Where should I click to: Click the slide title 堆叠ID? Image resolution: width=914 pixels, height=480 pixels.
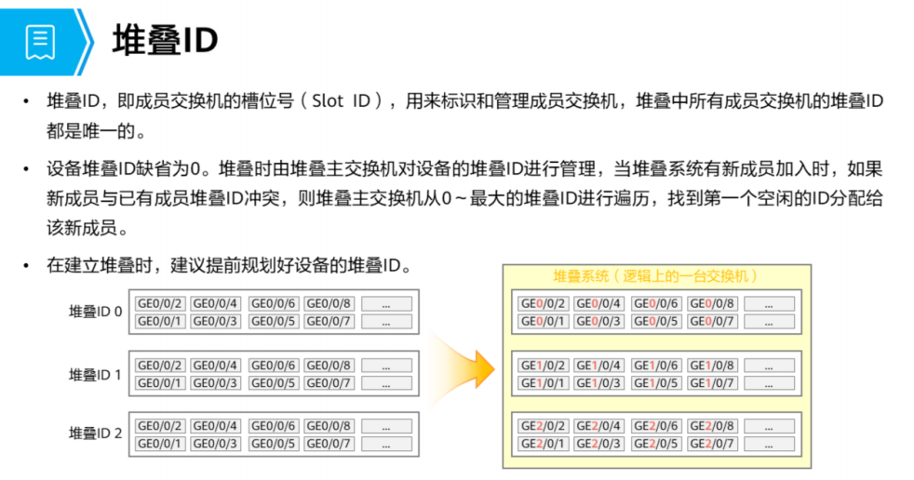165,41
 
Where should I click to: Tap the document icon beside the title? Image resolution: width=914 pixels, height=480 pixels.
40,41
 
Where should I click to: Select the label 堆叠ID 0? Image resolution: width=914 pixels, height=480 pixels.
96,312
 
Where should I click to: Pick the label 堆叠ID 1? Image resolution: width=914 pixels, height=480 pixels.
96,374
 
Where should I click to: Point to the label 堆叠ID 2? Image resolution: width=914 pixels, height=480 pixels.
96,433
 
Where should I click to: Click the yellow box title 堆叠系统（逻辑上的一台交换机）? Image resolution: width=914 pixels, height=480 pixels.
655,276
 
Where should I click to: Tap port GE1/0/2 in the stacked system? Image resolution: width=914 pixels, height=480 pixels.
542,366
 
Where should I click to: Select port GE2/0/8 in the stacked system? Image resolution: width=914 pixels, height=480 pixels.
712,426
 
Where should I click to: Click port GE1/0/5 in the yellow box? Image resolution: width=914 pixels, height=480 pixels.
655,383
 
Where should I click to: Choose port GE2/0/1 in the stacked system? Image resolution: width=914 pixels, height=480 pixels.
542,444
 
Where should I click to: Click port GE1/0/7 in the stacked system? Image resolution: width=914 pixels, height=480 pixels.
712,383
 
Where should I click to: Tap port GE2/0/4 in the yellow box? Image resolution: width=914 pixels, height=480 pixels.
598,426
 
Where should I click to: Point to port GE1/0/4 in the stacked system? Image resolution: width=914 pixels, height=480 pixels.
598,366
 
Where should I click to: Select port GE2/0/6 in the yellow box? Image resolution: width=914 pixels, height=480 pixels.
655,426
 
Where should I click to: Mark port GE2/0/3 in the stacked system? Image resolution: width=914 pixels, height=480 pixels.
598,444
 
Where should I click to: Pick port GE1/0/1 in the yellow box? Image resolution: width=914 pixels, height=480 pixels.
542,383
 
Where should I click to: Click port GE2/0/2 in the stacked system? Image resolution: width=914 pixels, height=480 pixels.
542,426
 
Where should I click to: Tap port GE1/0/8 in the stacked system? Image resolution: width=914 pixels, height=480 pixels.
712,366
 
